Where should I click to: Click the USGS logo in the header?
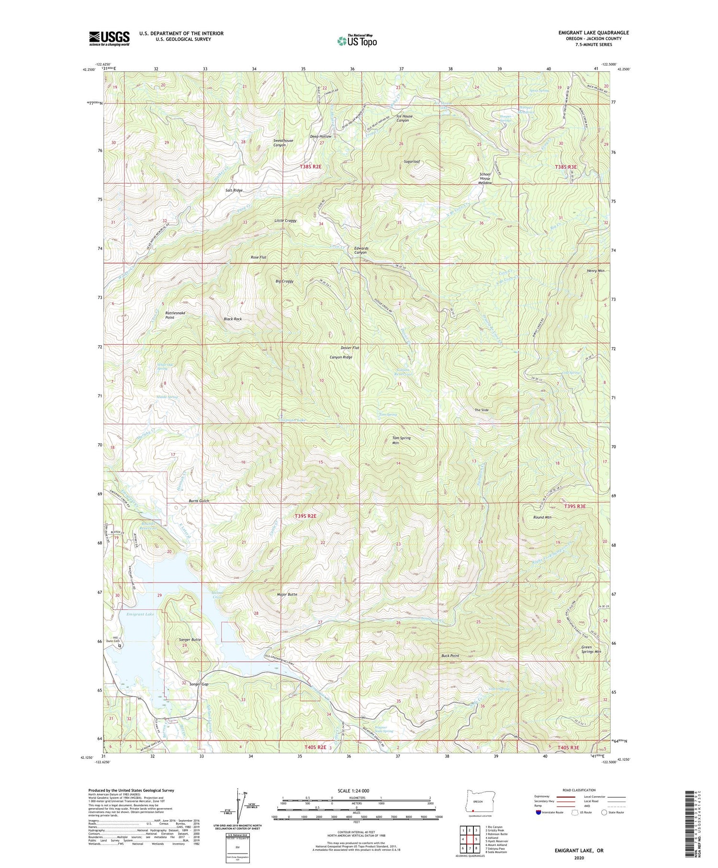(x=109, y=38)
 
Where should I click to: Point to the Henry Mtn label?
(x=595, y=271)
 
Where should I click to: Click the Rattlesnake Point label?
(x=175, y=315)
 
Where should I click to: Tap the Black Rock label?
(x=233, y=319)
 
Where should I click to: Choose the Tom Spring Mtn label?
(x=401, y=440)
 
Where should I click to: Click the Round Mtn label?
(x=542, y=518)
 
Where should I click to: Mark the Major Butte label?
(x=287, y=595)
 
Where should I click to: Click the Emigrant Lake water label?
(x=140, y=614)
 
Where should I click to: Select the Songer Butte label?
(x=189, y=640)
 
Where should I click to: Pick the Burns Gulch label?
(x=198, y=501)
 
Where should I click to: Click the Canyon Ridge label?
(x=341, y=357)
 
